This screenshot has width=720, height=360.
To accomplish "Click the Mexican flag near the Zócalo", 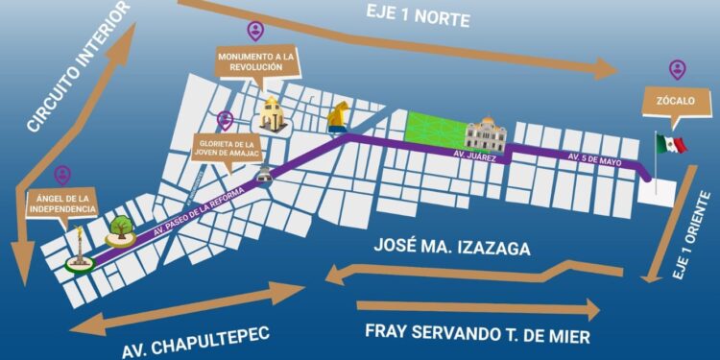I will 671,145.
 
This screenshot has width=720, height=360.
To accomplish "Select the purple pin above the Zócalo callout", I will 678,69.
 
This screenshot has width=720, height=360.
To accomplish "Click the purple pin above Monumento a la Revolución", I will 254,31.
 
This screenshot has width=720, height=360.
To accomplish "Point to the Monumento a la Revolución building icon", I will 270,114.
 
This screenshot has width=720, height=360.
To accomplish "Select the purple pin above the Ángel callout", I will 62,175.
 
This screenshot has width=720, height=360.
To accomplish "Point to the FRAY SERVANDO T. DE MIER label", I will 476,333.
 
